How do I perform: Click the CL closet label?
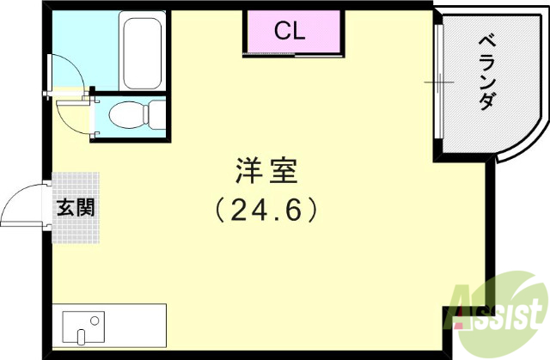pyautogui.click(x=290, y=32)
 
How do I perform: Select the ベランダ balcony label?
pyautogui.click(x=486, y=73)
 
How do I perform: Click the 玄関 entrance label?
pyautogui.click(x=76, y=207)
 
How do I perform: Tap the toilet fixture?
pyautogui.click(x=129, y=113)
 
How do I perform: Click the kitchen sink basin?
pyautogui.click(x=82, y=327)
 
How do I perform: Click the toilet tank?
pyautogui.click(x=156, y=113)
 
